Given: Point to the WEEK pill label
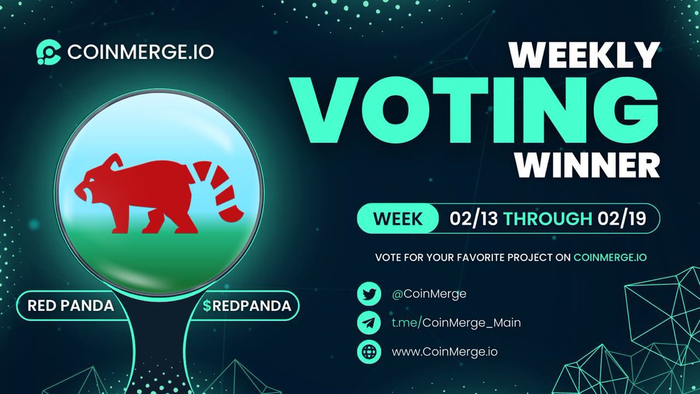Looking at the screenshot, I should pyautogui.click(x=398, y=219).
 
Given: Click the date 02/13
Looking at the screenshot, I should pyautogui.click(x=473, y=219).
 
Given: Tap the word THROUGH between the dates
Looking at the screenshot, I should pyautogui.click(x=547, y=219).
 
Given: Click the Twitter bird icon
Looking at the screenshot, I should pyautogui.click(x=369, y=294).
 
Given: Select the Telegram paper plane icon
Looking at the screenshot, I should pyautogui.click(x=369, y=323).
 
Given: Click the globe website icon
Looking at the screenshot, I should pyautogui.click(x=369, y=352).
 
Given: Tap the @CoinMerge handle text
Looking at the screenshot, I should pyautogui.click(x=421, y=294).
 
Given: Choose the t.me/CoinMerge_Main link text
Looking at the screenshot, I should pyautogui.click(x=448, y=323).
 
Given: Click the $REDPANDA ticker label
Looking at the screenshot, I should pyautogui.click(x=247, y=305).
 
